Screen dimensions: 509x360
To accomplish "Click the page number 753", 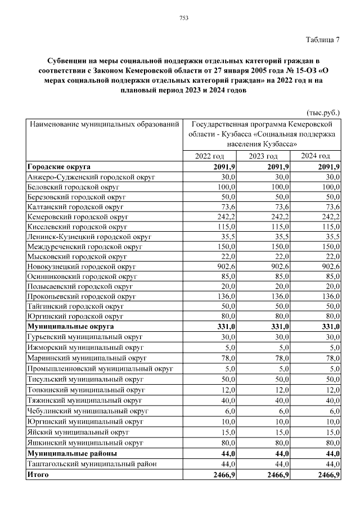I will coord(183,18).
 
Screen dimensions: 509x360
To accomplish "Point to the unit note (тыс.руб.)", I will coord(323,112).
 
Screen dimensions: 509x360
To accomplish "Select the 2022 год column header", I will coord(210,156).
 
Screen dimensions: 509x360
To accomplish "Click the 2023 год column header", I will coord(263,156).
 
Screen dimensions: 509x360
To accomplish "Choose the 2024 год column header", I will coord(316,156).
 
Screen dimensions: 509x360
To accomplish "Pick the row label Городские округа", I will coord(58,167).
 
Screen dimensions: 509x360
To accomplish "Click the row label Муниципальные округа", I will coord(70,326).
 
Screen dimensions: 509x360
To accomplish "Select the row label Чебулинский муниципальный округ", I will coord(87,411).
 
